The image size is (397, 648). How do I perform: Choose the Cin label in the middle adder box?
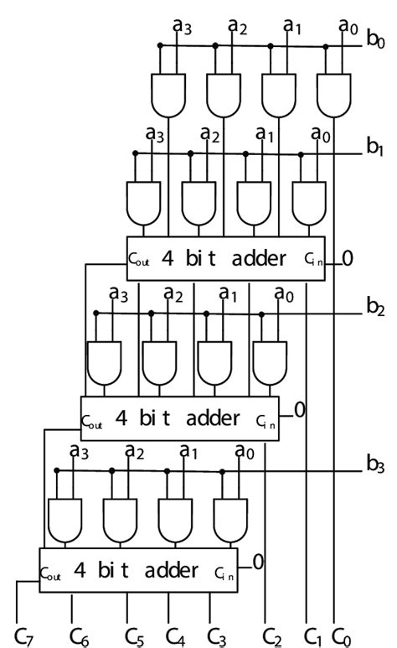pyautogui.click(x=265, y=418)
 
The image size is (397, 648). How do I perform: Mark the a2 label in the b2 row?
pyautogui.click(x=173, y=294)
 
